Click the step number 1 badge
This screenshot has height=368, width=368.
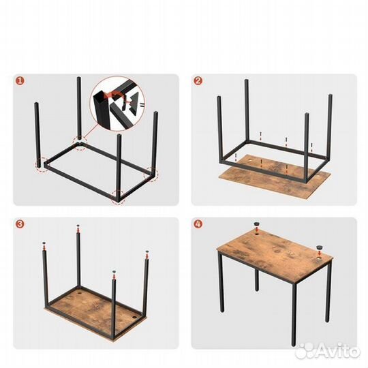(20, 81)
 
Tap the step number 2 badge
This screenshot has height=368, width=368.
(198, 81)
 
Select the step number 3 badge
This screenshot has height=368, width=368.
(20, 224)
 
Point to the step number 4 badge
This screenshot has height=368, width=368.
(198, 224)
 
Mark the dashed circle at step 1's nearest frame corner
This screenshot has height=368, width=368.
(118, 196)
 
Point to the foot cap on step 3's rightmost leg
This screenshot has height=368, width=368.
(146, 254)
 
